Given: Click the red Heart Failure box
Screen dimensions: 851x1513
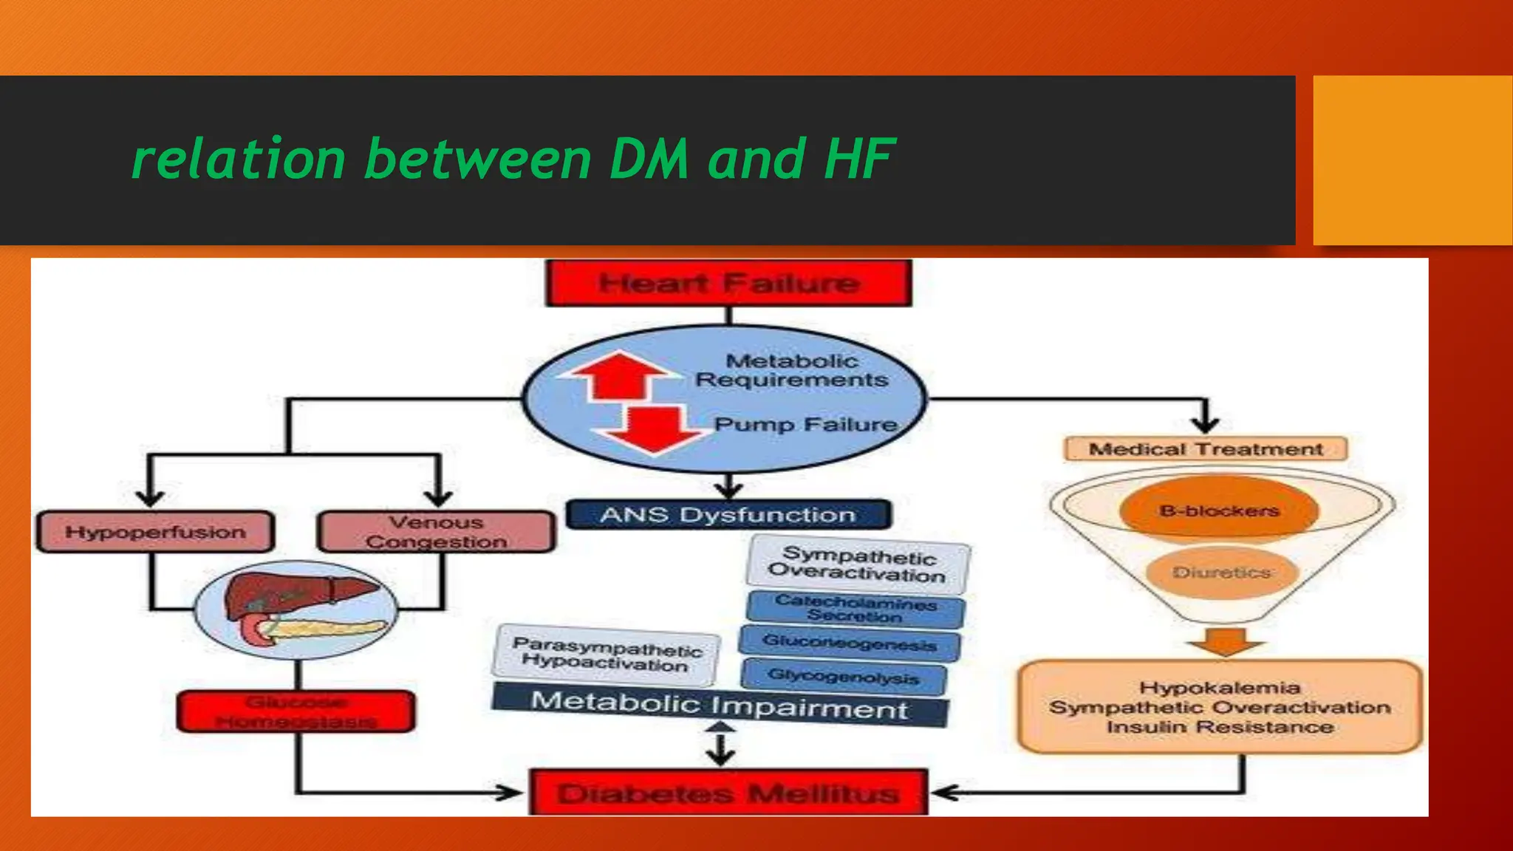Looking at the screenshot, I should tap(728, 283).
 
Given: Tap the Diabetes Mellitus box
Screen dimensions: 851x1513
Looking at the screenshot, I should tap(728, 793).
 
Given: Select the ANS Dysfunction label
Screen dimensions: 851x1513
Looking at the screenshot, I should tap(728, 515).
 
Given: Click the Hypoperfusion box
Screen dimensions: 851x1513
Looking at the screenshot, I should tap(155, 532).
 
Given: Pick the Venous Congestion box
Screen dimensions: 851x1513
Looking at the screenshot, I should tap(436, 532).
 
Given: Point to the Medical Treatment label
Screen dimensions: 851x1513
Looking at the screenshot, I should tap(1206, 449).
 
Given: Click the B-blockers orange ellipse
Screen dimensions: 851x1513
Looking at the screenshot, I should tap(1219, 510).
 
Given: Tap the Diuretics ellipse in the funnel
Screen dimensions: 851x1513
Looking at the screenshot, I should tap(1222, 573).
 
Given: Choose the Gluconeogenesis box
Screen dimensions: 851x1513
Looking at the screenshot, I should tap(850, 643).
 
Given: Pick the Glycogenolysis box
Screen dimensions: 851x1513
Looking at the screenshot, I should tap(843, 676).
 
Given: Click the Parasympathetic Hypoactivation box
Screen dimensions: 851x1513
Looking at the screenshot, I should tap(606, 655).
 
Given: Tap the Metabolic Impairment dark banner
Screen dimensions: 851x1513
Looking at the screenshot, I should tap(720, 705).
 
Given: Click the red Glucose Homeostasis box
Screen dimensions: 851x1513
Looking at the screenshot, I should tap(296, 711).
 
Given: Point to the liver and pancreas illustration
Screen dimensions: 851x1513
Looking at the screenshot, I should tap(296, 609).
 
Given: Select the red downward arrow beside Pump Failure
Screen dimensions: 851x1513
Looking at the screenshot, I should tap(652, 428).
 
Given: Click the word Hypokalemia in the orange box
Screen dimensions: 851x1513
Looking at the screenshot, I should tap(1220, 688).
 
